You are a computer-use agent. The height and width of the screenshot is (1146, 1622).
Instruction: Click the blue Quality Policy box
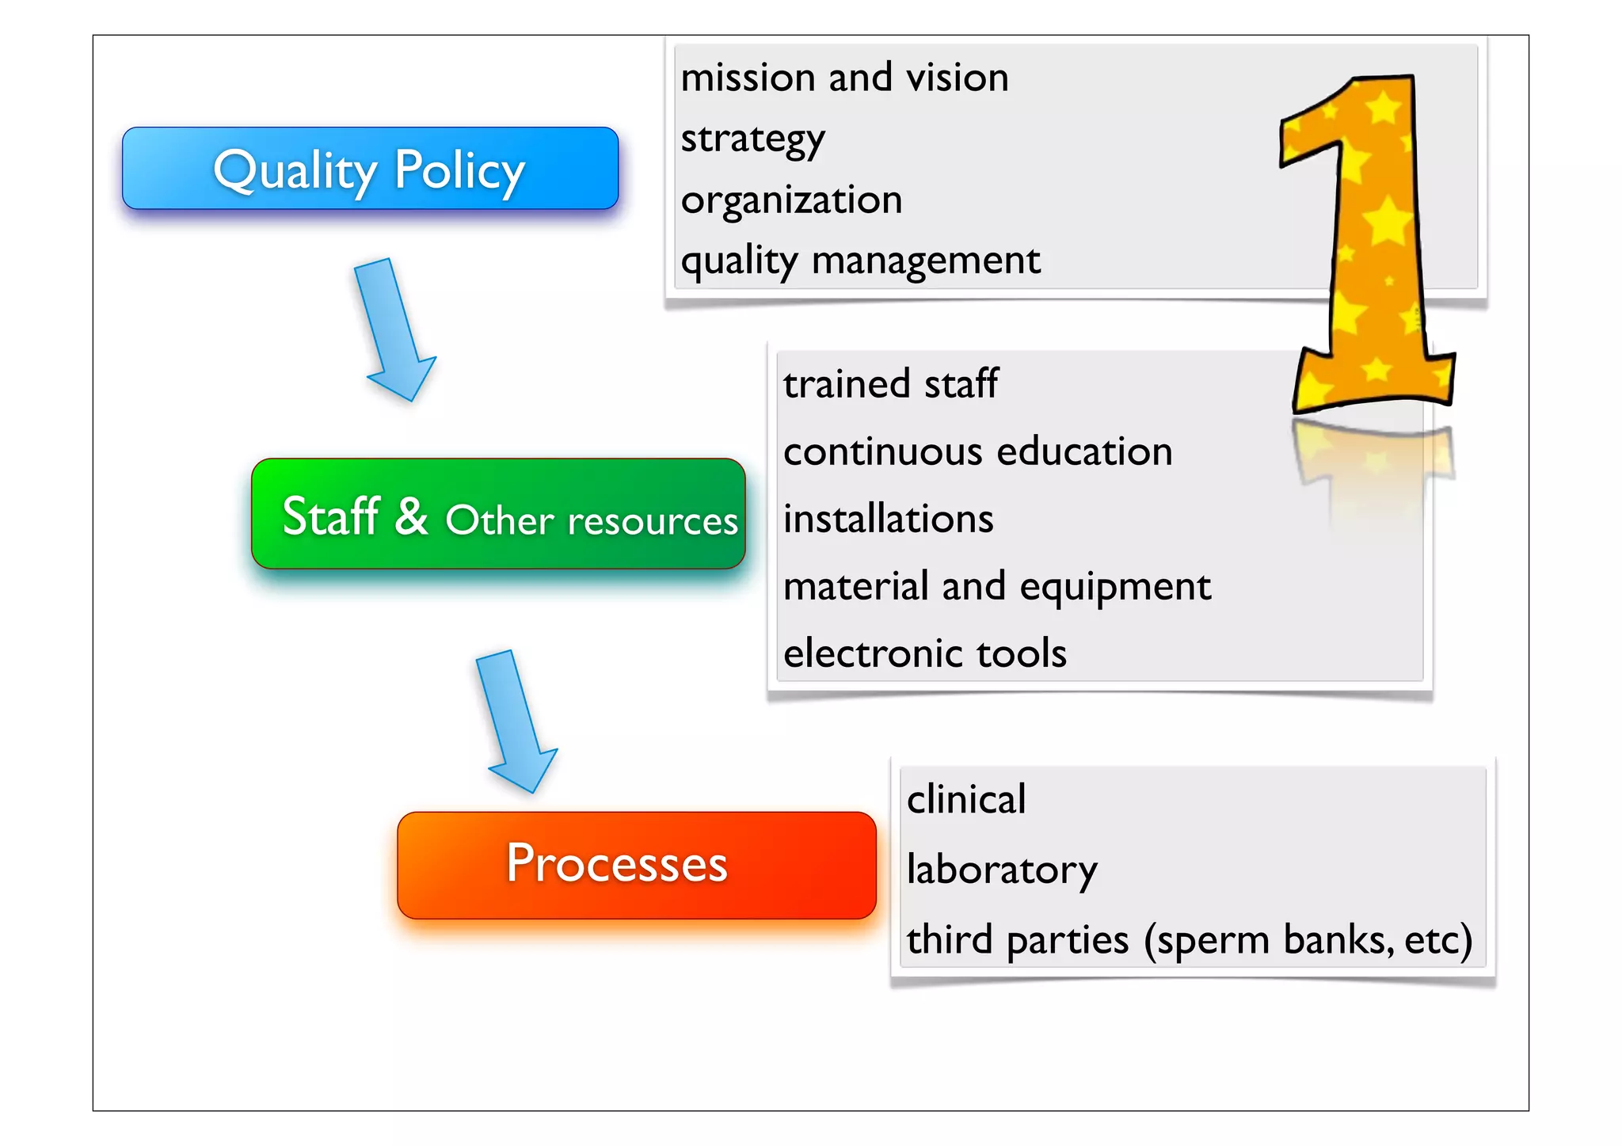pyautogui.click(x=370, y=169)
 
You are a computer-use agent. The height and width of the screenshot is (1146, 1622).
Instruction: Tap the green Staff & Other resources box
pyautogui.click(x=498, y=514)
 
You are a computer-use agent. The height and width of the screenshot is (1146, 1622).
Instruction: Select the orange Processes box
pyautogui.click(x=636, y=865)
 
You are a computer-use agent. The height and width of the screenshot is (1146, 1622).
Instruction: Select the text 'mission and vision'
pyautogui.click(x=844, y=78)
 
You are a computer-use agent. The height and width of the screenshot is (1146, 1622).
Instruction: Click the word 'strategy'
pyautogui.click(x=752, y=139)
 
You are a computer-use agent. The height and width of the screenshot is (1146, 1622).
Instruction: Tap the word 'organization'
pyautogui.click(x=791, y=200)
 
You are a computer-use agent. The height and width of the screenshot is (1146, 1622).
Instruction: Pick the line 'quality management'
pyautogui.click(x=860, y=261)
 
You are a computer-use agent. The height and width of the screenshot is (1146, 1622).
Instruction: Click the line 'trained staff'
pyautogui.click(x=890, y=384)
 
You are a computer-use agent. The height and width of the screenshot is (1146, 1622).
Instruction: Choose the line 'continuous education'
pyautogui.click(x=977, y=452)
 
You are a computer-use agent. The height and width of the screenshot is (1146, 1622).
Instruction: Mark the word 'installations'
pyautogui.click(x=888, y=520)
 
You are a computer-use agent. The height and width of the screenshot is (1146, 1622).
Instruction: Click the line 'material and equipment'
pyautogui.click(x=996, y=587)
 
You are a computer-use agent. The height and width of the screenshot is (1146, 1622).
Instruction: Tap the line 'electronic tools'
pyautogui.click(x=924, y=654)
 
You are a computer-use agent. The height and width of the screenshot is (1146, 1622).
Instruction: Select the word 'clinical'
pyautogui.click(x=965, y=800)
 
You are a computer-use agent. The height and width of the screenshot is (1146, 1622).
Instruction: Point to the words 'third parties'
pyautogui.click(x=1017, y=940)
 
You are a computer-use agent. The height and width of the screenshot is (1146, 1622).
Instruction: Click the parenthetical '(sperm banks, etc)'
pyautogui.click(x=1308, y=940)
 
